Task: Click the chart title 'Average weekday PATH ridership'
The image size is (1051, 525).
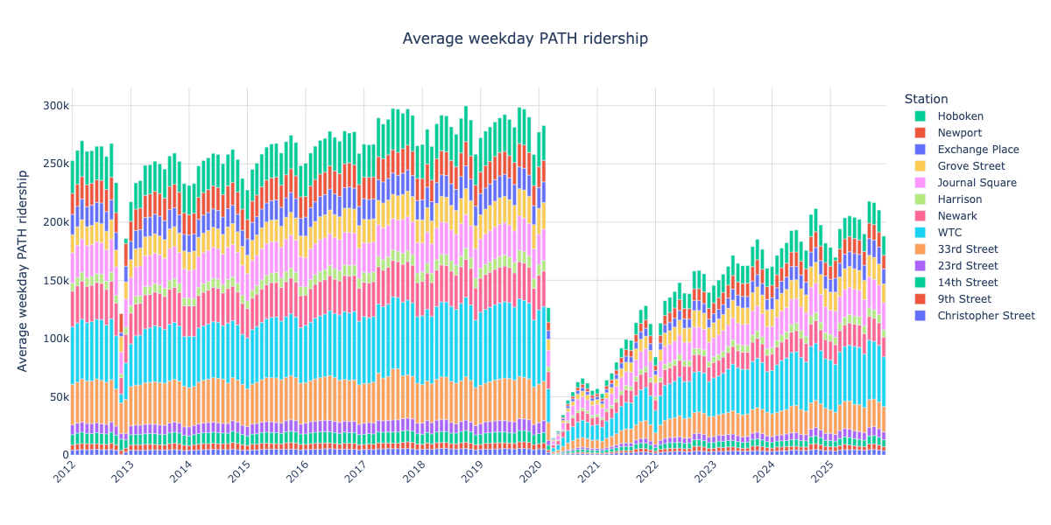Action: [525, 38]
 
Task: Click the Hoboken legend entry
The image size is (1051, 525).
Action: [960, 116]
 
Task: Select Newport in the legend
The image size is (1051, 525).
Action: [959, 133]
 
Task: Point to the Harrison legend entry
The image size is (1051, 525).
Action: [960, 199]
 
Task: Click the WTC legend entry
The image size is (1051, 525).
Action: [950, 233]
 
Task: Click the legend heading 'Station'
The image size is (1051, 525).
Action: [926, 99]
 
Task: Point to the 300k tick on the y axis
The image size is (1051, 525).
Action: [57, 106]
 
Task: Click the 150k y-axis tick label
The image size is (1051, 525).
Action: [57, 281]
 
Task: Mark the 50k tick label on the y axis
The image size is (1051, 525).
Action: [60, 397]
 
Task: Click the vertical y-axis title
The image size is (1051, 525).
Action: [24, 271]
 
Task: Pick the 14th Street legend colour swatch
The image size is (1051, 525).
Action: [920, 283]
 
